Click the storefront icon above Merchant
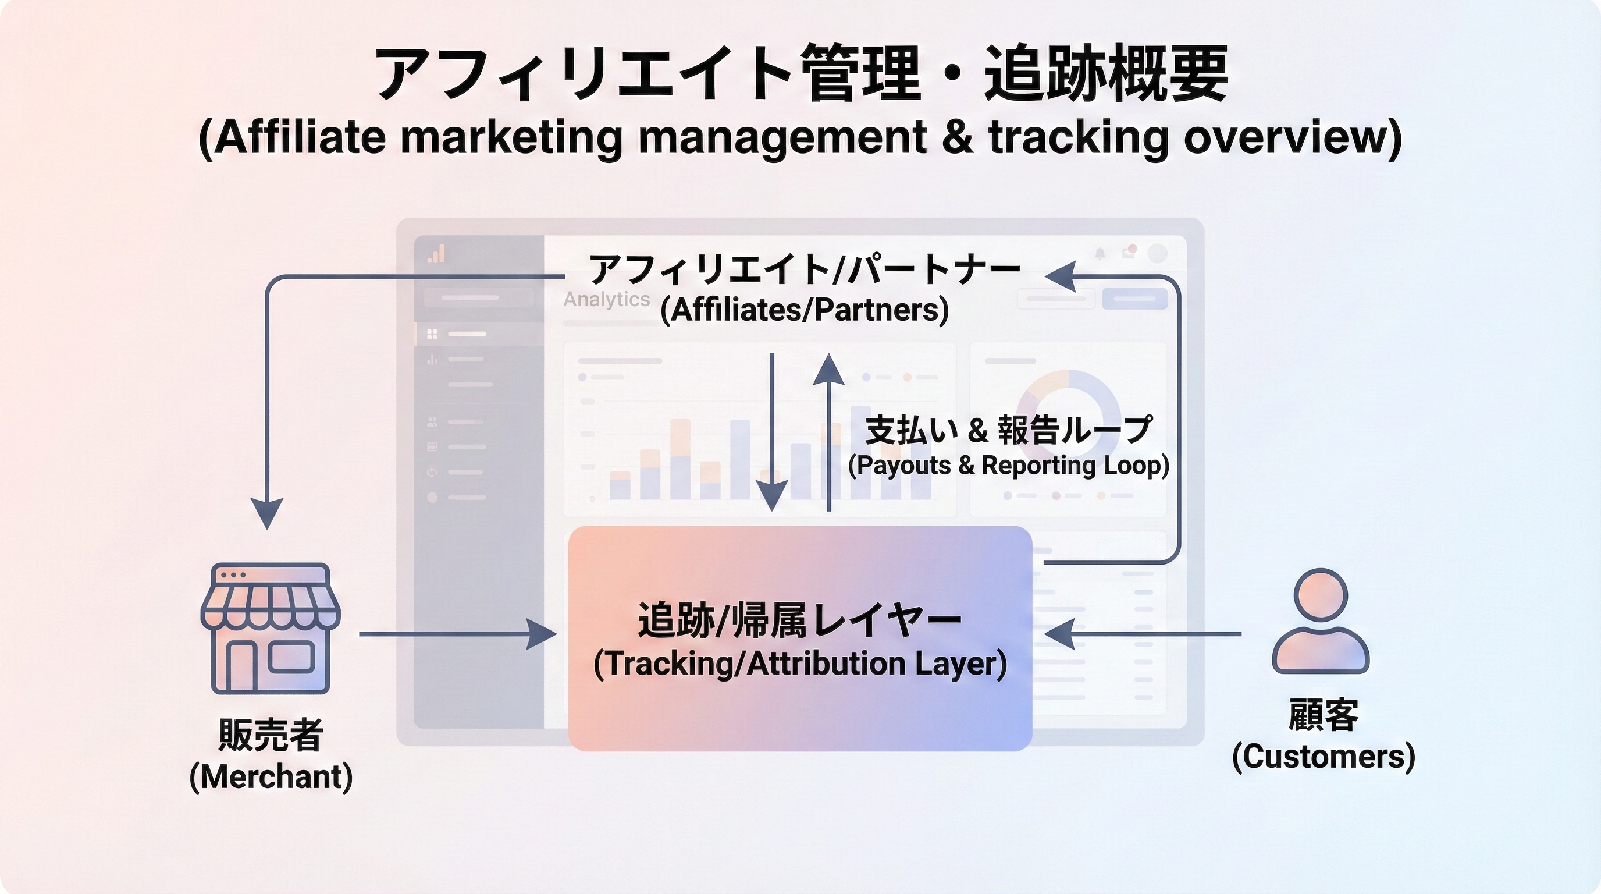point(271,628)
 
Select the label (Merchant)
point(271,777)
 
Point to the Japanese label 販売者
point(271,735)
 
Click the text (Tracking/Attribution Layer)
point(800,664)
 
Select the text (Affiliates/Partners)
point(804,310)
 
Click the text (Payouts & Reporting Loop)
point(1009,465)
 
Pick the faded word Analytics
point(607,299)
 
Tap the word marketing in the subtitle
point(511,137)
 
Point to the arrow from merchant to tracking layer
point(458,634)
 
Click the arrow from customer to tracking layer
point(1143,634)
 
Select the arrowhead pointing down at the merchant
point(267,513)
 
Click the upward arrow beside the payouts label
point(828,432)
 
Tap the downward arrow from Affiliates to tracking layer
point(772,432)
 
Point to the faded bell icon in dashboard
point(1100,254)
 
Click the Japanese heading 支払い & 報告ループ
point(1009,430)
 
